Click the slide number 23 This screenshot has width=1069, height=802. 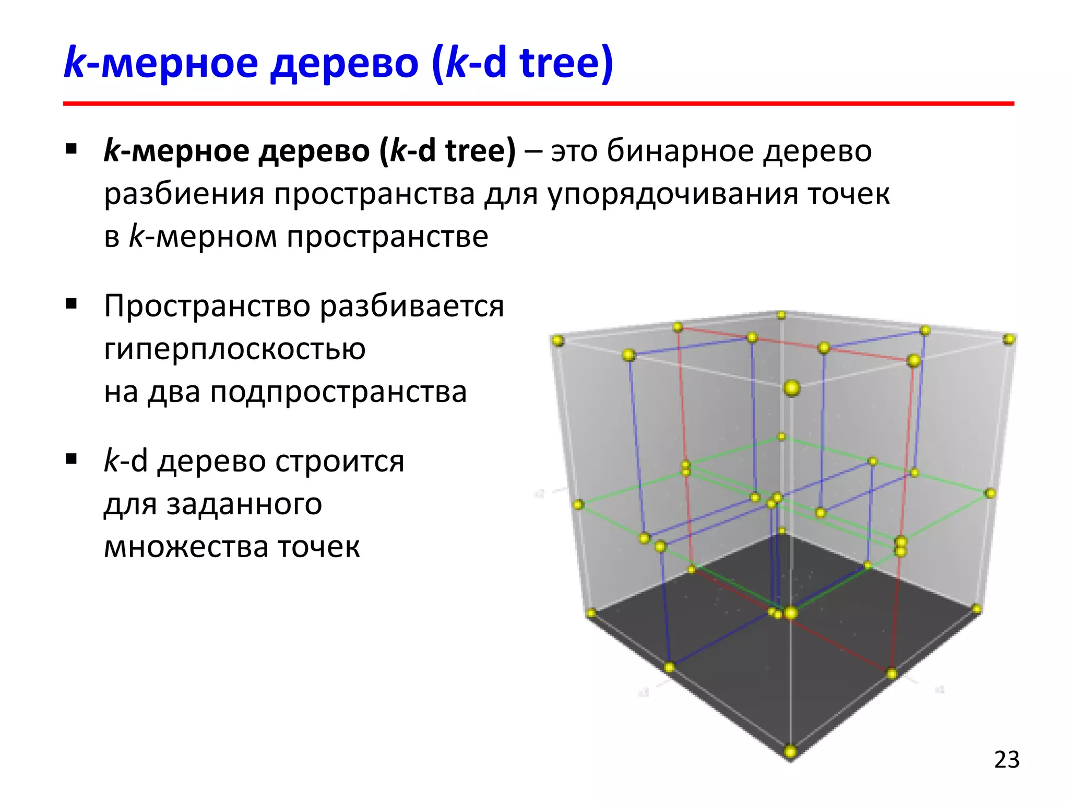pyautogui.click(x=1006, y=760)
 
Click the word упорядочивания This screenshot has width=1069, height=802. pyautogui.click(x=673, y=194)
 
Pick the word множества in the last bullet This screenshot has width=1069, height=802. pyautogui.click(x=186, y=547)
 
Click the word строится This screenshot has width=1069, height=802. pyautogui.click(x=339, y=462)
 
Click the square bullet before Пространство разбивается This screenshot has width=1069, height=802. pyautogui.click(x=72, y=304)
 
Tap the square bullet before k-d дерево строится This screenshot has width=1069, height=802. pyautogui.click(x=72, y=459)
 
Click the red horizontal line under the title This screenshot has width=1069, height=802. pyautogui.click(x=538, y=104)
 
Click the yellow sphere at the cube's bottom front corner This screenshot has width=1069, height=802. pyautogui.click(x=790, y=752)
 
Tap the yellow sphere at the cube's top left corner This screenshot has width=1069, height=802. pyautogui.click(x=558, y=341)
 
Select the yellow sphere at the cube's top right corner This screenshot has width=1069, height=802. pyautogui.click(x=1009, y=339)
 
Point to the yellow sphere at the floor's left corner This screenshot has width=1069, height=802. pyautogui.click(x=591, y=612)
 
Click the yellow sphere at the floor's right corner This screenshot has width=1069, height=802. pyautogui.click(x=976, y=609)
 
